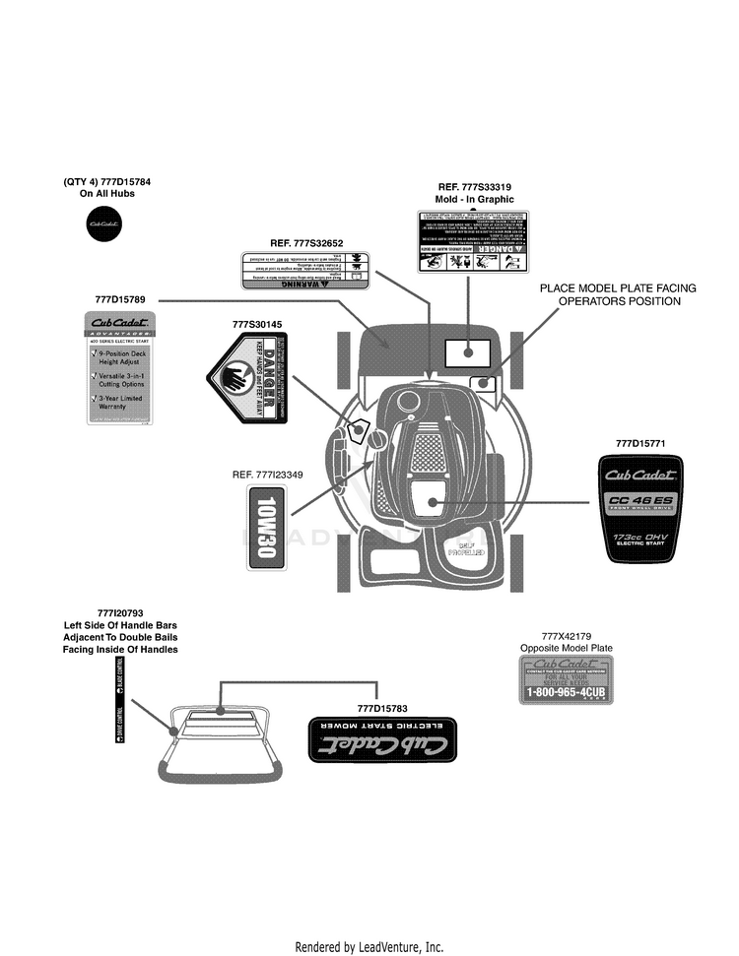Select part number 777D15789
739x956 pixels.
tap(120, 298)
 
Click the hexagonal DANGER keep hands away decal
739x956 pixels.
tap(248, 377)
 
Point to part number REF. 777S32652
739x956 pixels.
tap(306, 243)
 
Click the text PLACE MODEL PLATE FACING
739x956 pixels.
tap(618, 288)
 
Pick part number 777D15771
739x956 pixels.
tap(640, 444)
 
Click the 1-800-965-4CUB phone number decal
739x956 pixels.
tap(566, 681)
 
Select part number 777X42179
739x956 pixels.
tap(566, 635)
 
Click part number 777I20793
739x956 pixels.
tap(120, 611)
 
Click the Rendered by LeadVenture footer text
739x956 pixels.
tap(369, 947)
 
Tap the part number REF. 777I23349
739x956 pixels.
tap(267, 475)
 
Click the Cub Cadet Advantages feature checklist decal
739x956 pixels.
tap(120, 366)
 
